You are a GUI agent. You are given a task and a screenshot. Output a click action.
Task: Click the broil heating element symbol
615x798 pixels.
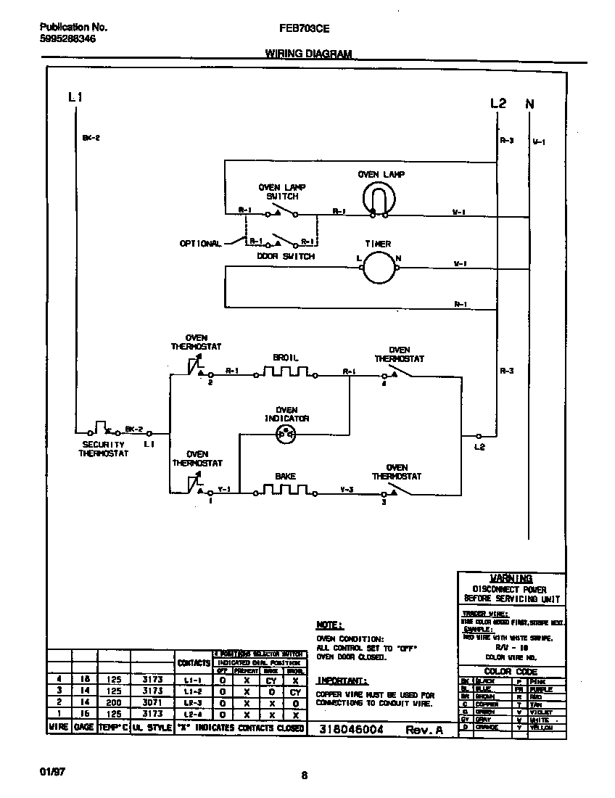(x=285, y=374)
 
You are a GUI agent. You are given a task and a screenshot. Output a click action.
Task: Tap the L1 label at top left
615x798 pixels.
(x=75, y=96)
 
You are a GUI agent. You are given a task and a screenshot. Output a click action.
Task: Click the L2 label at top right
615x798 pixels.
(x=498, y=104)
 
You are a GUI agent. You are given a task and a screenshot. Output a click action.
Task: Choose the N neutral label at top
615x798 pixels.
(x=529, y=104)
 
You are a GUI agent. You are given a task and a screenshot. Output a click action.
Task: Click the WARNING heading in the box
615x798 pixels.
(x=511, y=578)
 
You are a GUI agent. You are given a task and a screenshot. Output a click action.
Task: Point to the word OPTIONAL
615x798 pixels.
(x=200, y=244)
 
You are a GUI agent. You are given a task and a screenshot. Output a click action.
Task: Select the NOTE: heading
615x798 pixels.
(x=330, y=625)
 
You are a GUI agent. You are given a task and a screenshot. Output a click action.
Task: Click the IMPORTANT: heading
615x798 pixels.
(x=342, y=680)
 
